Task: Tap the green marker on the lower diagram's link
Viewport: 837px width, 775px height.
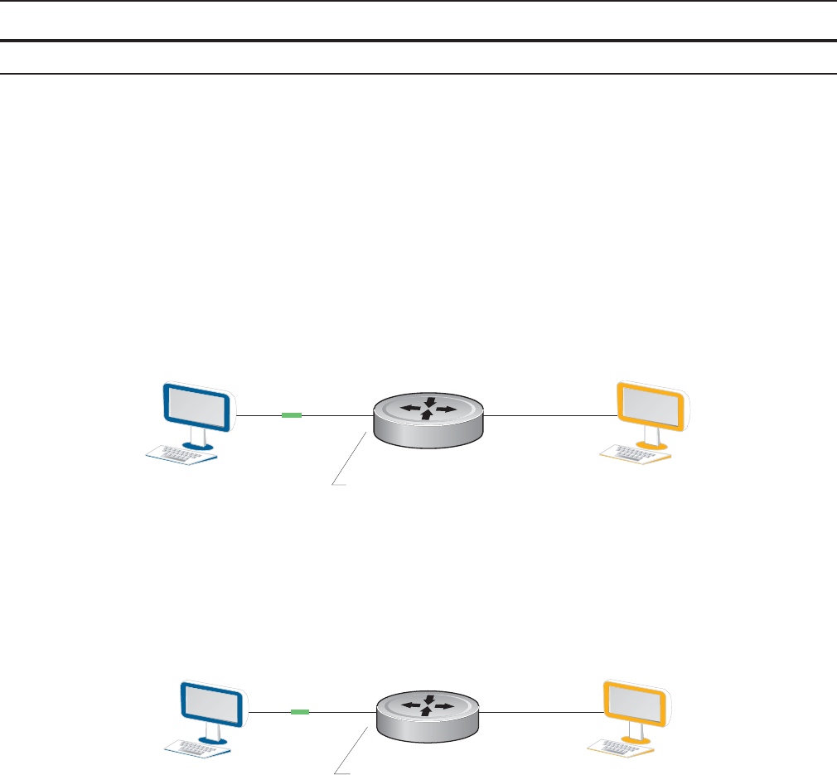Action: [x=300, y=711]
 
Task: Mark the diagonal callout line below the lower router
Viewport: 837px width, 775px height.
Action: [x=351, y=750]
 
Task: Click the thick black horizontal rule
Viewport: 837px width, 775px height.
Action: [x=418, y=40]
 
